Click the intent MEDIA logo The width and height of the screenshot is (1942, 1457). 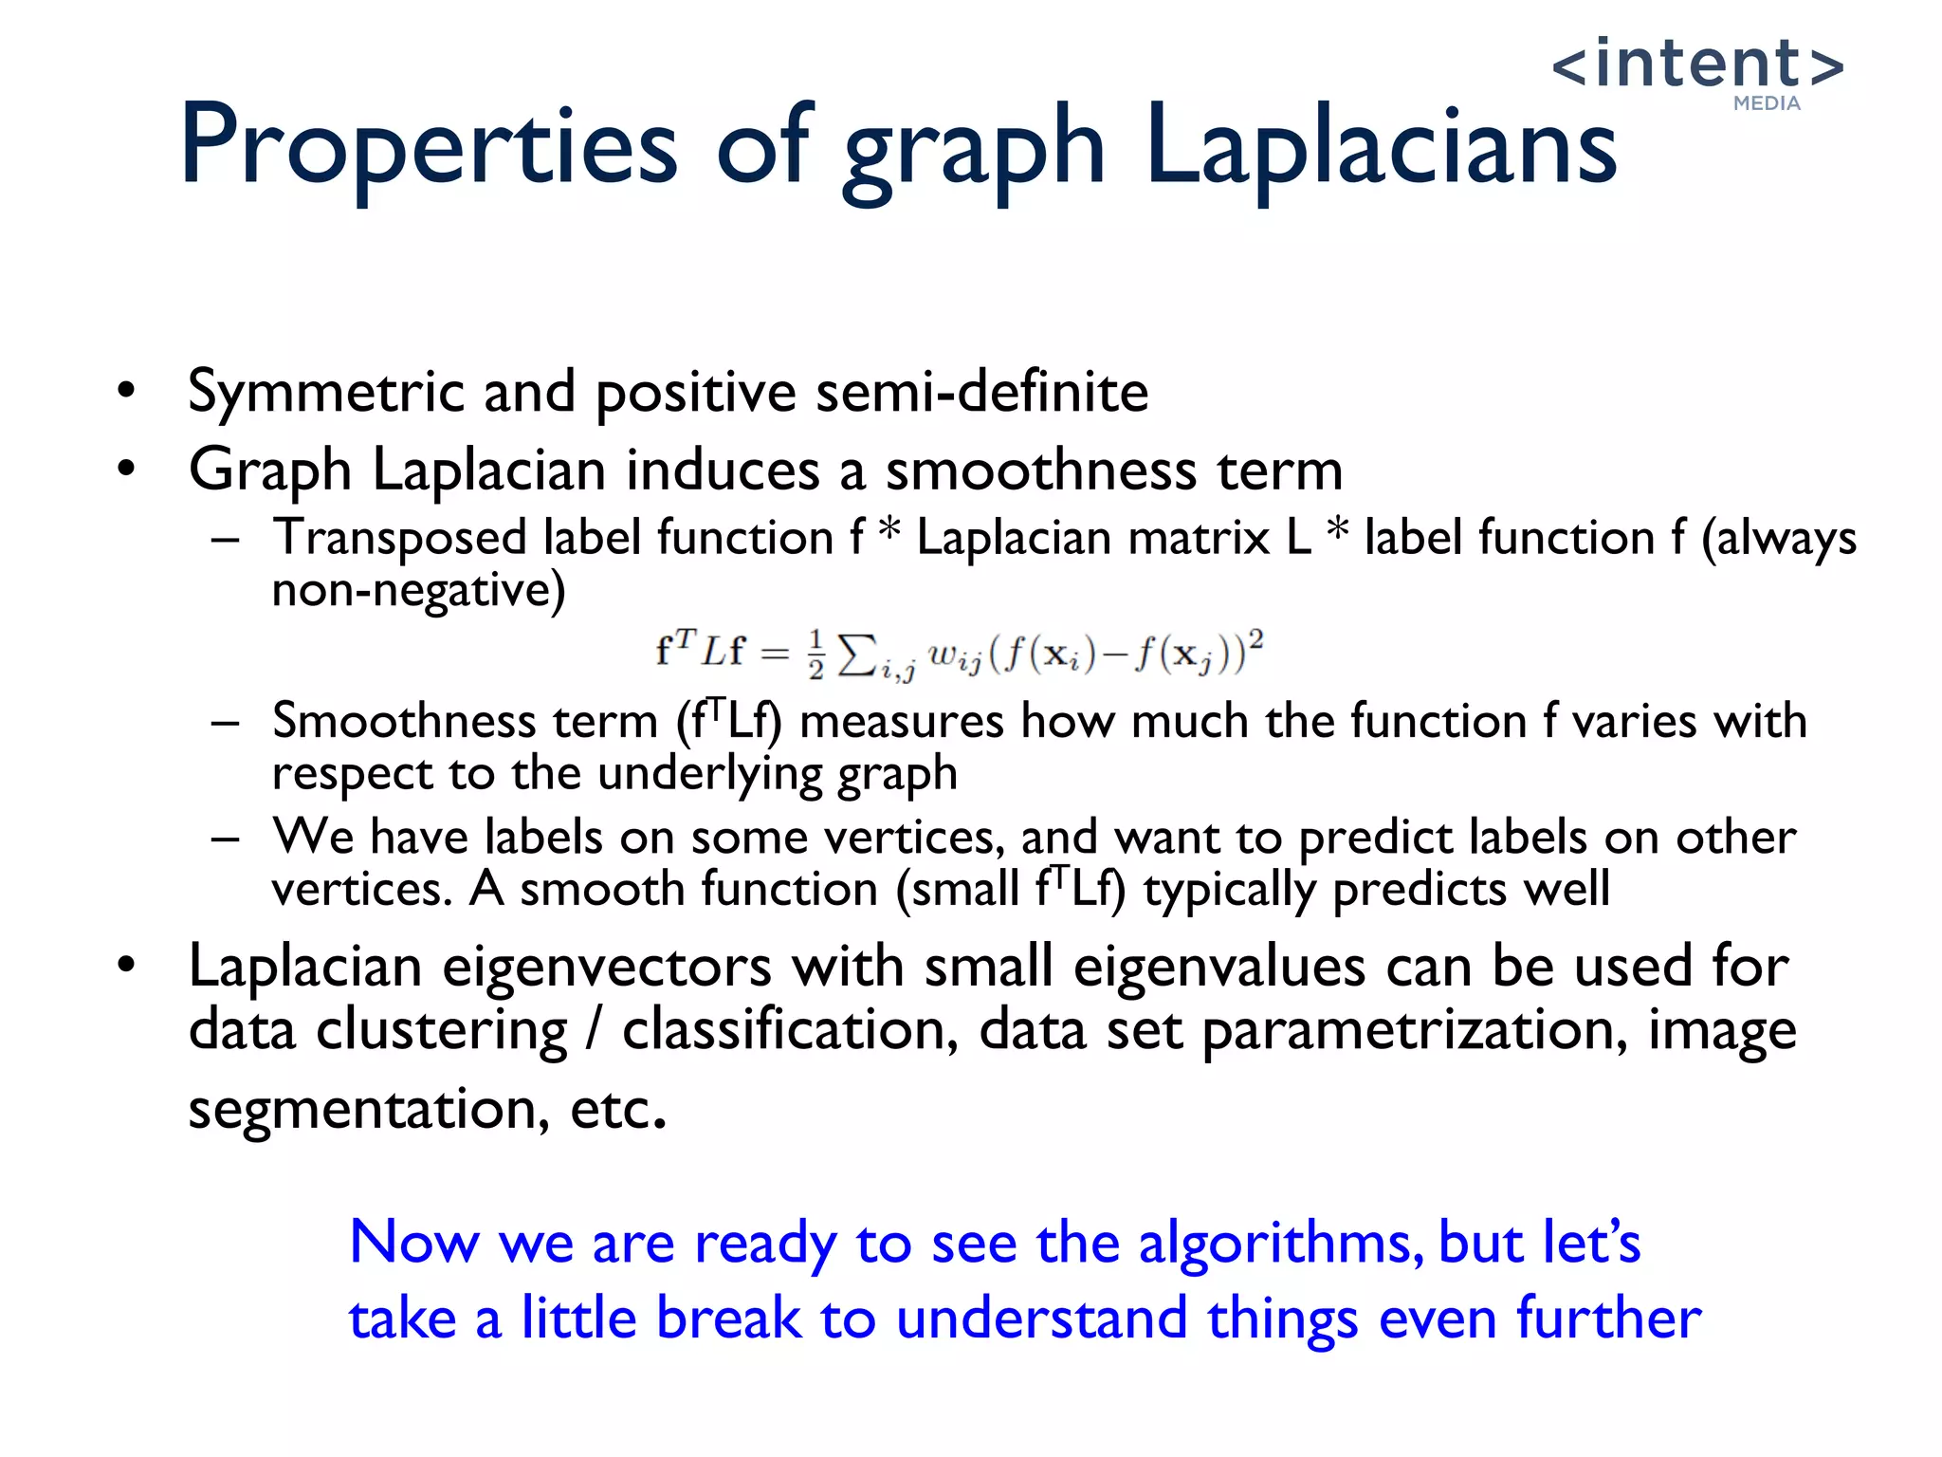tap(1697, 71)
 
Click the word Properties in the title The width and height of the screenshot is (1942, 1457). tap(428, 147)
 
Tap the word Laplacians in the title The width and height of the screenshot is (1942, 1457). tap(1381, 147)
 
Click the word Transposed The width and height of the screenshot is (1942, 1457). tap(399, 539)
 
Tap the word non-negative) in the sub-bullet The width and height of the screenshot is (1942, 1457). tap(418, 590)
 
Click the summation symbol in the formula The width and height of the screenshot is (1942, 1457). tap(856, 653)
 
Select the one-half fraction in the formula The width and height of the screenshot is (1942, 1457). tap(816, 655)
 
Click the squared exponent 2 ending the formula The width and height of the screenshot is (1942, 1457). tap(1255, 638)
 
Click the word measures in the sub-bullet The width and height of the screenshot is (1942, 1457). tap(902, 721)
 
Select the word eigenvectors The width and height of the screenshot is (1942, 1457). tap(607, 968)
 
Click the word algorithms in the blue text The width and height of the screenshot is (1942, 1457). tap(1280, 1243)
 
